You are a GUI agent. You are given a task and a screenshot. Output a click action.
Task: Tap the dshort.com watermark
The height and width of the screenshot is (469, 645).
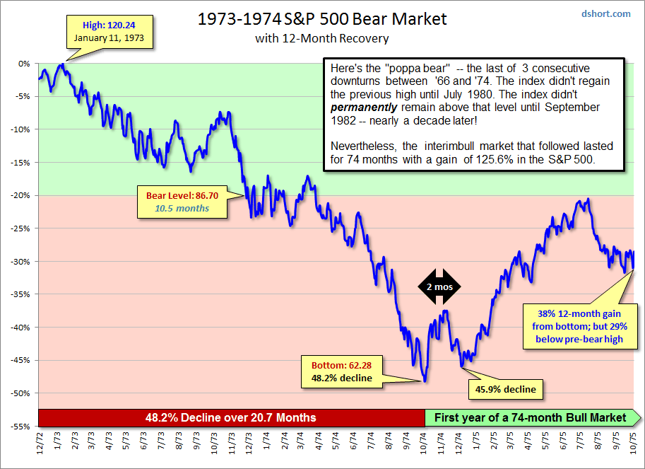coord(605,13)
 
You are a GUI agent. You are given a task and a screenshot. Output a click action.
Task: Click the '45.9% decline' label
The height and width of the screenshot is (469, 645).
coord(506,389)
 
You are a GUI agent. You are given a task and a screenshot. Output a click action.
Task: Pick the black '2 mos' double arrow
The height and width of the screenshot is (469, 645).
coord(439,286)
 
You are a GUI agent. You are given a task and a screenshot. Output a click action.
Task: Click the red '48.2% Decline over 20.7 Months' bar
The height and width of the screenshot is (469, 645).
coord(231,417)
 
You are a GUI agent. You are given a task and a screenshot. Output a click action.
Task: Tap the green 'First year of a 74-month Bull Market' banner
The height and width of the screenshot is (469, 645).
coord(531,417)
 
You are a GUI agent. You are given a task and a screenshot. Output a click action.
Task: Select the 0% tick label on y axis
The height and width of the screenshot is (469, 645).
coord(25,63)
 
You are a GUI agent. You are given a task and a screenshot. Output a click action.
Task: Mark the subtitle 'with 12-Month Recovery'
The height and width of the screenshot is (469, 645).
coord(321,38)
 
